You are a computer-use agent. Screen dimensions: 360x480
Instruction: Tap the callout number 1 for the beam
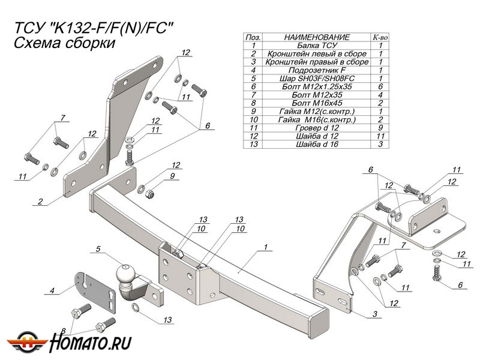point(264,247)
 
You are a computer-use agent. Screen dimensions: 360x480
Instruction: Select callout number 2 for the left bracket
point(40,202)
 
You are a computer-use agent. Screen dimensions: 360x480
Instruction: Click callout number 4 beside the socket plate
point(52,291)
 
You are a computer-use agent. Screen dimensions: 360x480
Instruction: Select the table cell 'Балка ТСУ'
point(317,45)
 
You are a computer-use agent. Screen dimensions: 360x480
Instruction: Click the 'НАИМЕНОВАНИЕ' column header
point(317,37)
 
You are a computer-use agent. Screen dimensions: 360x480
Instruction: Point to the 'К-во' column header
point(380,37)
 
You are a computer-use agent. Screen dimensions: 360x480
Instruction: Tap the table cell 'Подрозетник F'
point(317,70)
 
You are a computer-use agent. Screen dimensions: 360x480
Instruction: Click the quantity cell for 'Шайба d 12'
point(380,136)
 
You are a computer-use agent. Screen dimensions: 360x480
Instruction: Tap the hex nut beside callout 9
point(152,194)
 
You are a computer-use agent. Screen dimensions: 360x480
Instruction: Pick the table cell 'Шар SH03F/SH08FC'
point(317,79)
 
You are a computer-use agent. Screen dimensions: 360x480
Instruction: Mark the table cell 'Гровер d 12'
point(317,128)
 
